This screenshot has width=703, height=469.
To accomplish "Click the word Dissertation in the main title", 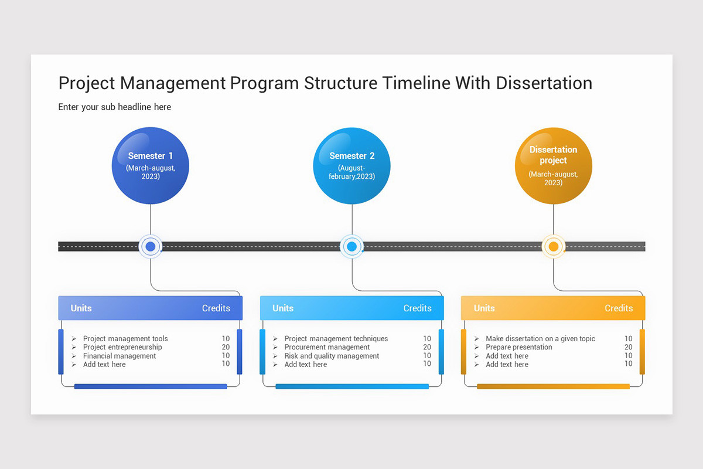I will pos(544,83).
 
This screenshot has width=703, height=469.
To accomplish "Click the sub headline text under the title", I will pos(115,107).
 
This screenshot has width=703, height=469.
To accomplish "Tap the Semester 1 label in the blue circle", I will pos(151,156).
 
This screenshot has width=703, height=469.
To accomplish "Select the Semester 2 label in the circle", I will pos(351,156).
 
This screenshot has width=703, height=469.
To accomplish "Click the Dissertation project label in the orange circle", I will pos(553,155).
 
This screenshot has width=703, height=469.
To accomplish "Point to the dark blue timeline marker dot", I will pos(151,247).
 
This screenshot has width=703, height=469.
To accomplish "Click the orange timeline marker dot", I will pos(553,247).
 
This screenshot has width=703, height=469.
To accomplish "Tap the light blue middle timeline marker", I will pos(351,247).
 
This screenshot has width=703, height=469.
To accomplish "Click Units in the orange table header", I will pos(484,308).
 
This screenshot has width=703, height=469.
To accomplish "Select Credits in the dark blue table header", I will pos(216,308).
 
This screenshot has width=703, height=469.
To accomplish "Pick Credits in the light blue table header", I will pos(417,308).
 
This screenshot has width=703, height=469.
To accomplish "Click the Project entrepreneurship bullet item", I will pos(122,347).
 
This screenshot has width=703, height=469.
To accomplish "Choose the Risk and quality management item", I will pos(332,356).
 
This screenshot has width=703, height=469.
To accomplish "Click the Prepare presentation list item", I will pos(519,347).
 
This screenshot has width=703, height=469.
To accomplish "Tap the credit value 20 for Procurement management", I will pos(427,347).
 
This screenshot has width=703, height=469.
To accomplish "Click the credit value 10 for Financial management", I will pos(226,356).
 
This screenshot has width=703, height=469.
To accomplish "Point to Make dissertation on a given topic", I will pos(540,339).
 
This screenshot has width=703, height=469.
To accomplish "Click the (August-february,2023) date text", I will pos(351,172).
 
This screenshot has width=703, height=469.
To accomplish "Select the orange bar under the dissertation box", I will pos(553,386).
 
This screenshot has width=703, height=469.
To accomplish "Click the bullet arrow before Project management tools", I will pos(74,339).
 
